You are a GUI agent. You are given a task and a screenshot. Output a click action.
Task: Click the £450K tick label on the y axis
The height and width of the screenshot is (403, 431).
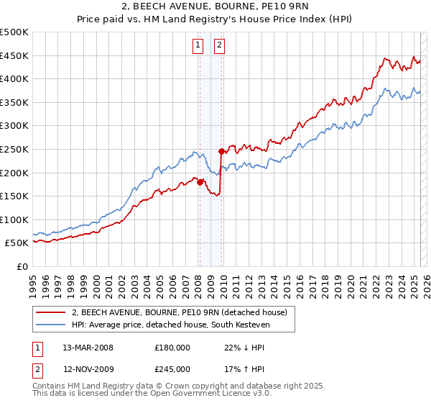pyautogui.click(x=14, y=55)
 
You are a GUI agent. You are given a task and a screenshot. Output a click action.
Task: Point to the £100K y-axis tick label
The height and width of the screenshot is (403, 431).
pyautogui.click(x=14, y=219)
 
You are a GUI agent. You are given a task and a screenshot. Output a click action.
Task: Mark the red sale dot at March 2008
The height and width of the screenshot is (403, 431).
pyautogui.click(x=200, y=182)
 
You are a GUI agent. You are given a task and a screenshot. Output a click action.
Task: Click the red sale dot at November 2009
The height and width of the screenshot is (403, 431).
pyautogui.click(x=221, y=151)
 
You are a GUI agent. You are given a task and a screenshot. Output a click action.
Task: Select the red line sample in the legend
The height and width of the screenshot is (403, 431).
pyautogui.click(x=50, y=312)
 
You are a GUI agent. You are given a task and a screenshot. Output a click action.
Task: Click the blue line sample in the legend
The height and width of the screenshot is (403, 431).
pyautogui.click(x=50, y=325)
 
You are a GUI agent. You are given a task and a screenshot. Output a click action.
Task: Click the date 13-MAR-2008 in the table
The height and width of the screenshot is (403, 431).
pyautogui.click(x=88, y=347)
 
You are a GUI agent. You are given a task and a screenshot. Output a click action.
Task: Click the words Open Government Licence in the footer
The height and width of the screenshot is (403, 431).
pyautogui.click(x=204, y=394)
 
